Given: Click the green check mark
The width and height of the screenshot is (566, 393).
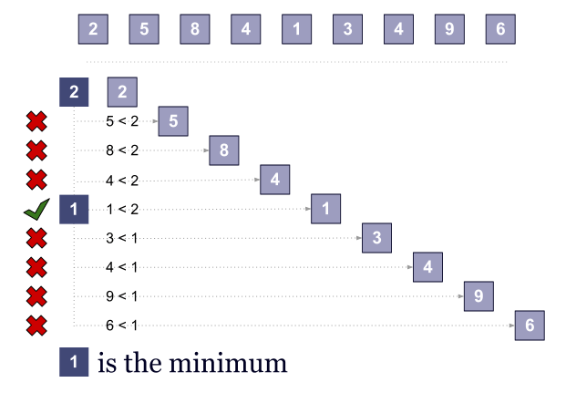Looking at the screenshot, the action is tap(36, 211).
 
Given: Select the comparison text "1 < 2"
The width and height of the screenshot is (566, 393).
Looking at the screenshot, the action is tap(122, 211).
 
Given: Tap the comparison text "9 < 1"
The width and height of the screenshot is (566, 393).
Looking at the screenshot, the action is tap(122, 296).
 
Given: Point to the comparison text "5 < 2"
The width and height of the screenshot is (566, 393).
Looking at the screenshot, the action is tap(122, 120).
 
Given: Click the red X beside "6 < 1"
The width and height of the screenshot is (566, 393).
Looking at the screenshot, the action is tap(36, 326).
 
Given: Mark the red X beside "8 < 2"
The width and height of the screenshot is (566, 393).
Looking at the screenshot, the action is tap(36, 150).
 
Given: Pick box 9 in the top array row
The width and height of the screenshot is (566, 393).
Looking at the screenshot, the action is tap(449, 28).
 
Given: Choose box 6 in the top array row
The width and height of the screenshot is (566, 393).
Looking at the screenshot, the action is tap(500, 28).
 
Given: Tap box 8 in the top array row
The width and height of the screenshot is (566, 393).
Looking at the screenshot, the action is tap(195, 28).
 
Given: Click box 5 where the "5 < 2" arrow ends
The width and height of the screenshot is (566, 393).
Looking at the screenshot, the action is tap(173, 121).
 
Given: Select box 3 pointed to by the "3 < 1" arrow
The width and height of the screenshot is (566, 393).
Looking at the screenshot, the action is tap(376, 238).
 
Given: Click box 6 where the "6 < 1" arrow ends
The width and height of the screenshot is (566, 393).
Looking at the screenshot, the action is tap(530, 326).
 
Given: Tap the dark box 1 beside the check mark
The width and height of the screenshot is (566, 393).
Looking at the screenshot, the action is tap(75, 210).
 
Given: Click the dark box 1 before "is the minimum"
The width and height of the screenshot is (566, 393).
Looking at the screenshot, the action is tap(75, 362).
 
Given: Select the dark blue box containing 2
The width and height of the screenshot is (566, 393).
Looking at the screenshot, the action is tap(75, 92).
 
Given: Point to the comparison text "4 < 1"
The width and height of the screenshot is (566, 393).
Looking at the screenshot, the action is tap(122, 267).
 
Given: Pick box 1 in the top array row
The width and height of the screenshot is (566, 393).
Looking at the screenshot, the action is tap(296, 28).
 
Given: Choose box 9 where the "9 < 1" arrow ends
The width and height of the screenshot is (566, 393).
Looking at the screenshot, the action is tap(479, 296).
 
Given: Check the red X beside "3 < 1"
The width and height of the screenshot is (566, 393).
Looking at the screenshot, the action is tap(36, 238).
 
